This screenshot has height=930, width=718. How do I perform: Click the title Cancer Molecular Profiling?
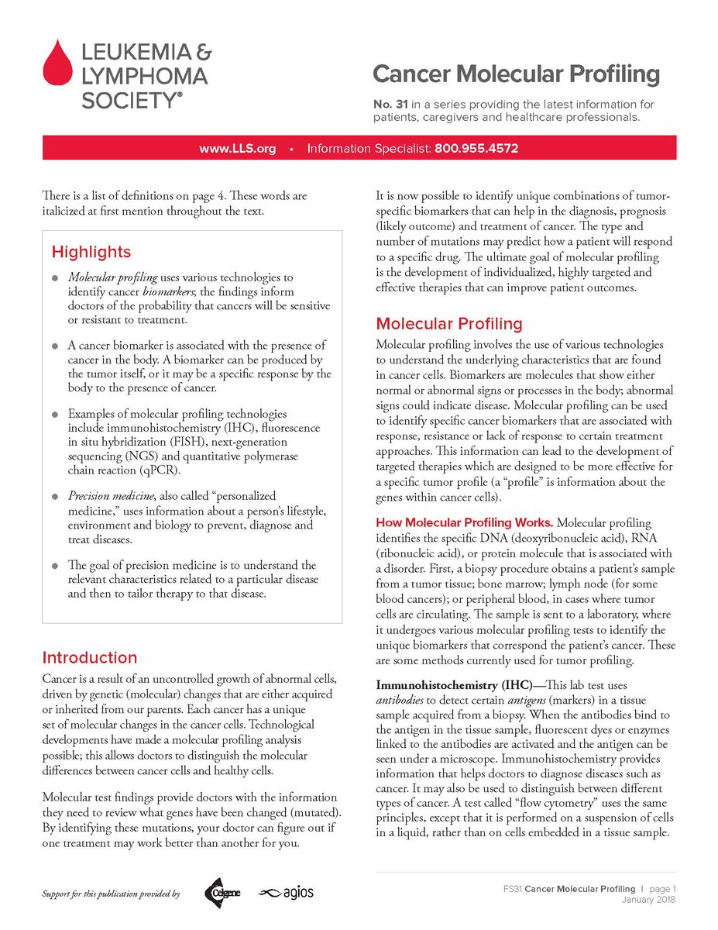(x=516, y=74)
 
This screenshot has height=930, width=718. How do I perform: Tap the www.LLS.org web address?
(x=237, y=148)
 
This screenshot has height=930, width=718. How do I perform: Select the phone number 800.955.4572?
(x=476, y=148)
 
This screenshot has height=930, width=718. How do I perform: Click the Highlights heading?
(x=91, y=252)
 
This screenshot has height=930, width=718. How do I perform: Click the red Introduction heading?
(x=89, y=658)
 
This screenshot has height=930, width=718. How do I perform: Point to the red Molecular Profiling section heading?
(x=449, y=323)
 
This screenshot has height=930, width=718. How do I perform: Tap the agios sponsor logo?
(x=286, y=893)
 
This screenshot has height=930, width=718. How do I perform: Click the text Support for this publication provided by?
(x=111, y=894)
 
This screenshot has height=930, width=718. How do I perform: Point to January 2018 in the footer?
(x=648, y=899)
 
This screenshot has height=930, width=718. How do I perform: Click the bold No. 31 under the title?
(x=388, y=104)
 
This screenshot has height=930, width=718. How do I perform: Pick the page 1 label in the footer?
(x=661, y=888)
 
